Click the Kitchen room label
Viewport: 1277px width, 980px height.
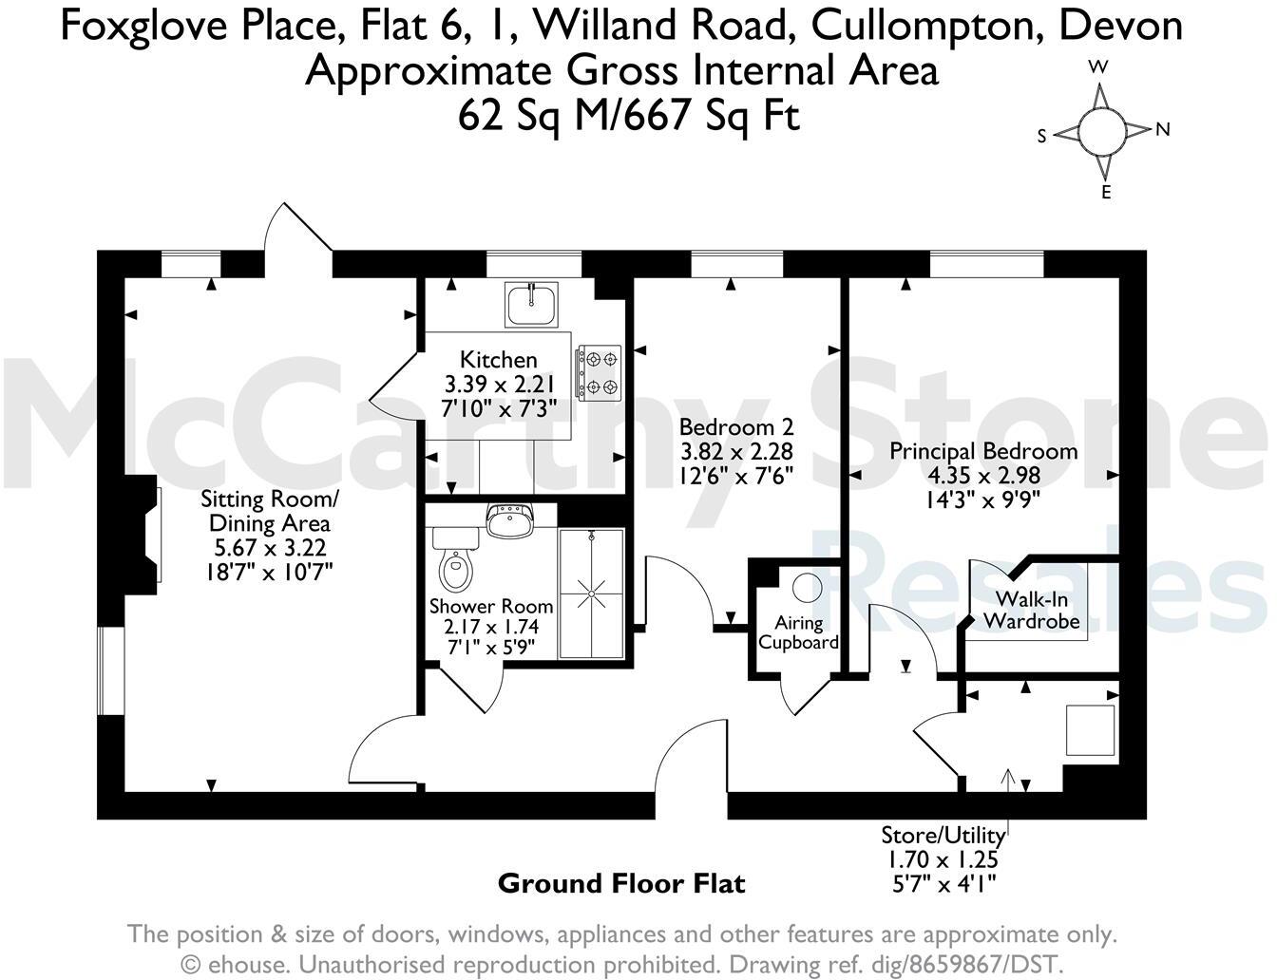click(498, 360)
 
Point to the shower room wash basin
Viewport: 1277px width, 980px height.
click(511, 521)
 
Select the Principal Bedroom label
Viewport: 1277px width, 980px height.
click(983, 450)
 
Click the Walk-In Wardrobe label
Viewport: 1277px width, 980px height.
click(1032, 610)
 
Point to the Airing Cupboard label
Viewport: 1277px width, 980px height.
click(799, 632)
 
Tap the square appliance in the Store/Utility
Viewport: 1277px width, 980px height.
click(1090, 729)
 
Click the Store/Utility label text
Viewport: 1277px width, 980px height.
click(943, 836)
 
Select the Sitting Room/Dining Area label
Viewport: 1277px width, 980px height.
click(269, 511)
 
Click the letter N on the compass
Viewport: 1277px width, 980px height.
click(1162, 130)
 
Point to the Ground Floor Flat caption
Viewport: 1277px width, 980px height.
click(621, 884)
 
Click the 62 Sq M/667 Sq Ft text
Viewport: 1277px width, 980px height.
click(628, 116)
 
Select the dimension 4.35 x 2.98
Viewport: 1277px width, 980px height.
click(983, 475)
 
